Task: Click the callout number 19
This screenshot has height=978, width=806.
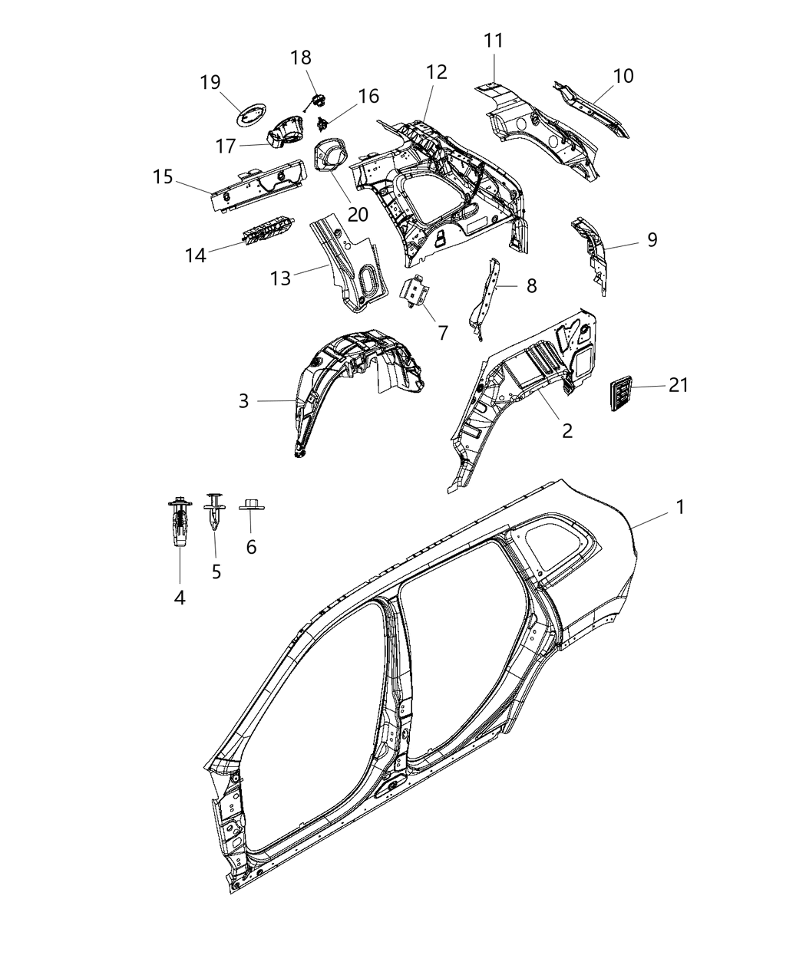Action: [210, 82]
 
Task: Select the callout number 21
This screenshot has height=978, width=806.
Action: [678, 385]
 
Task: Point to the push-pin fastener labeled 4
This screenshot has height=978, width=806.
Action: [178, 522]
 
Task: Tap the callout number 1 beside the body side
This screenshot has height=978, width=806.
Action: [679, 507]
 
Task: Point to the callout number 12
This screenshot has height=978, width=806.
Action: [436, 72]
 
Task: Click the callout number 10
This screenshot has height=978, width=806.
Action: [623, 76]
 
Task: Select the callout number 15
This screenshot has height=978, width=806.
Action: [163, 177]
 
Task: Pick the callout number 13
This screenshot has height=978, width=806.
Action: [281, 278]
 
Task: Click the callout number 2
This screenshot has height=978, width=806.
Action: [567, 430]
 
